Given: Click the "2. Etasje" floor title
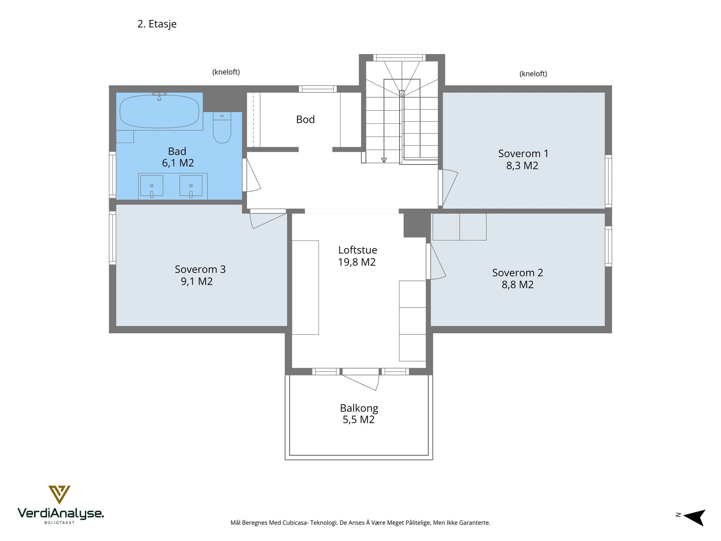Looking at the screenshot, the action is pos(157,24).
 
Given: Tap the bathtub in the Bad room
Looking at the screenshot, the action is pos(159,112).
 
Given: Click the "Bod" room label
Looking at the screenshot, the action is pos(305,119).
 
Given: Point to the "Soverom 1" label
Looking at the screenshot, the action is pos(523,154).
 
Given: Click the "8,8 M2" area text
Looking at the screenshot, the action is pos(518,285).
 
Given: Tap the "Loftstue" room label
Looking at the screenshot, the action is pos(358,250).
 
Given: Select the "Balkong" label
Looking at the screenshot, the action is pos(359,408).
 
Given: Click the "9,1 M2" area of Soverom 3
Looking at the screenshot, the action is pos(197,281).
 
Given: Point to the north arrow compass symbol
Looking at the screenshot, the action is pos(694,517).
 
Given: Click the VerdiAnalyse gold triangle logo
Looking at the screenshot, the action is pos(59,495).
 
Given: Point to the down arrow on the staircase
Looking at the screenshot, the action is pos(384,160).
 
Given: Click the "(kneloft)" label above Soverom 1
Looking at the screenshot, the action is pos(533,74).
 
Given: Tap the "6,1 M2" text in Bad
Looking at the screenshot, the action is pos(178,163).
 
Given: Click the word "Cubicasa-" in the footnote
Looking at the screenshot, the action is pos(295,523).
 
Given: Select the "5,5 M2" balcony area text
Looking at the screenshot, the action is pos(359,419).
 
